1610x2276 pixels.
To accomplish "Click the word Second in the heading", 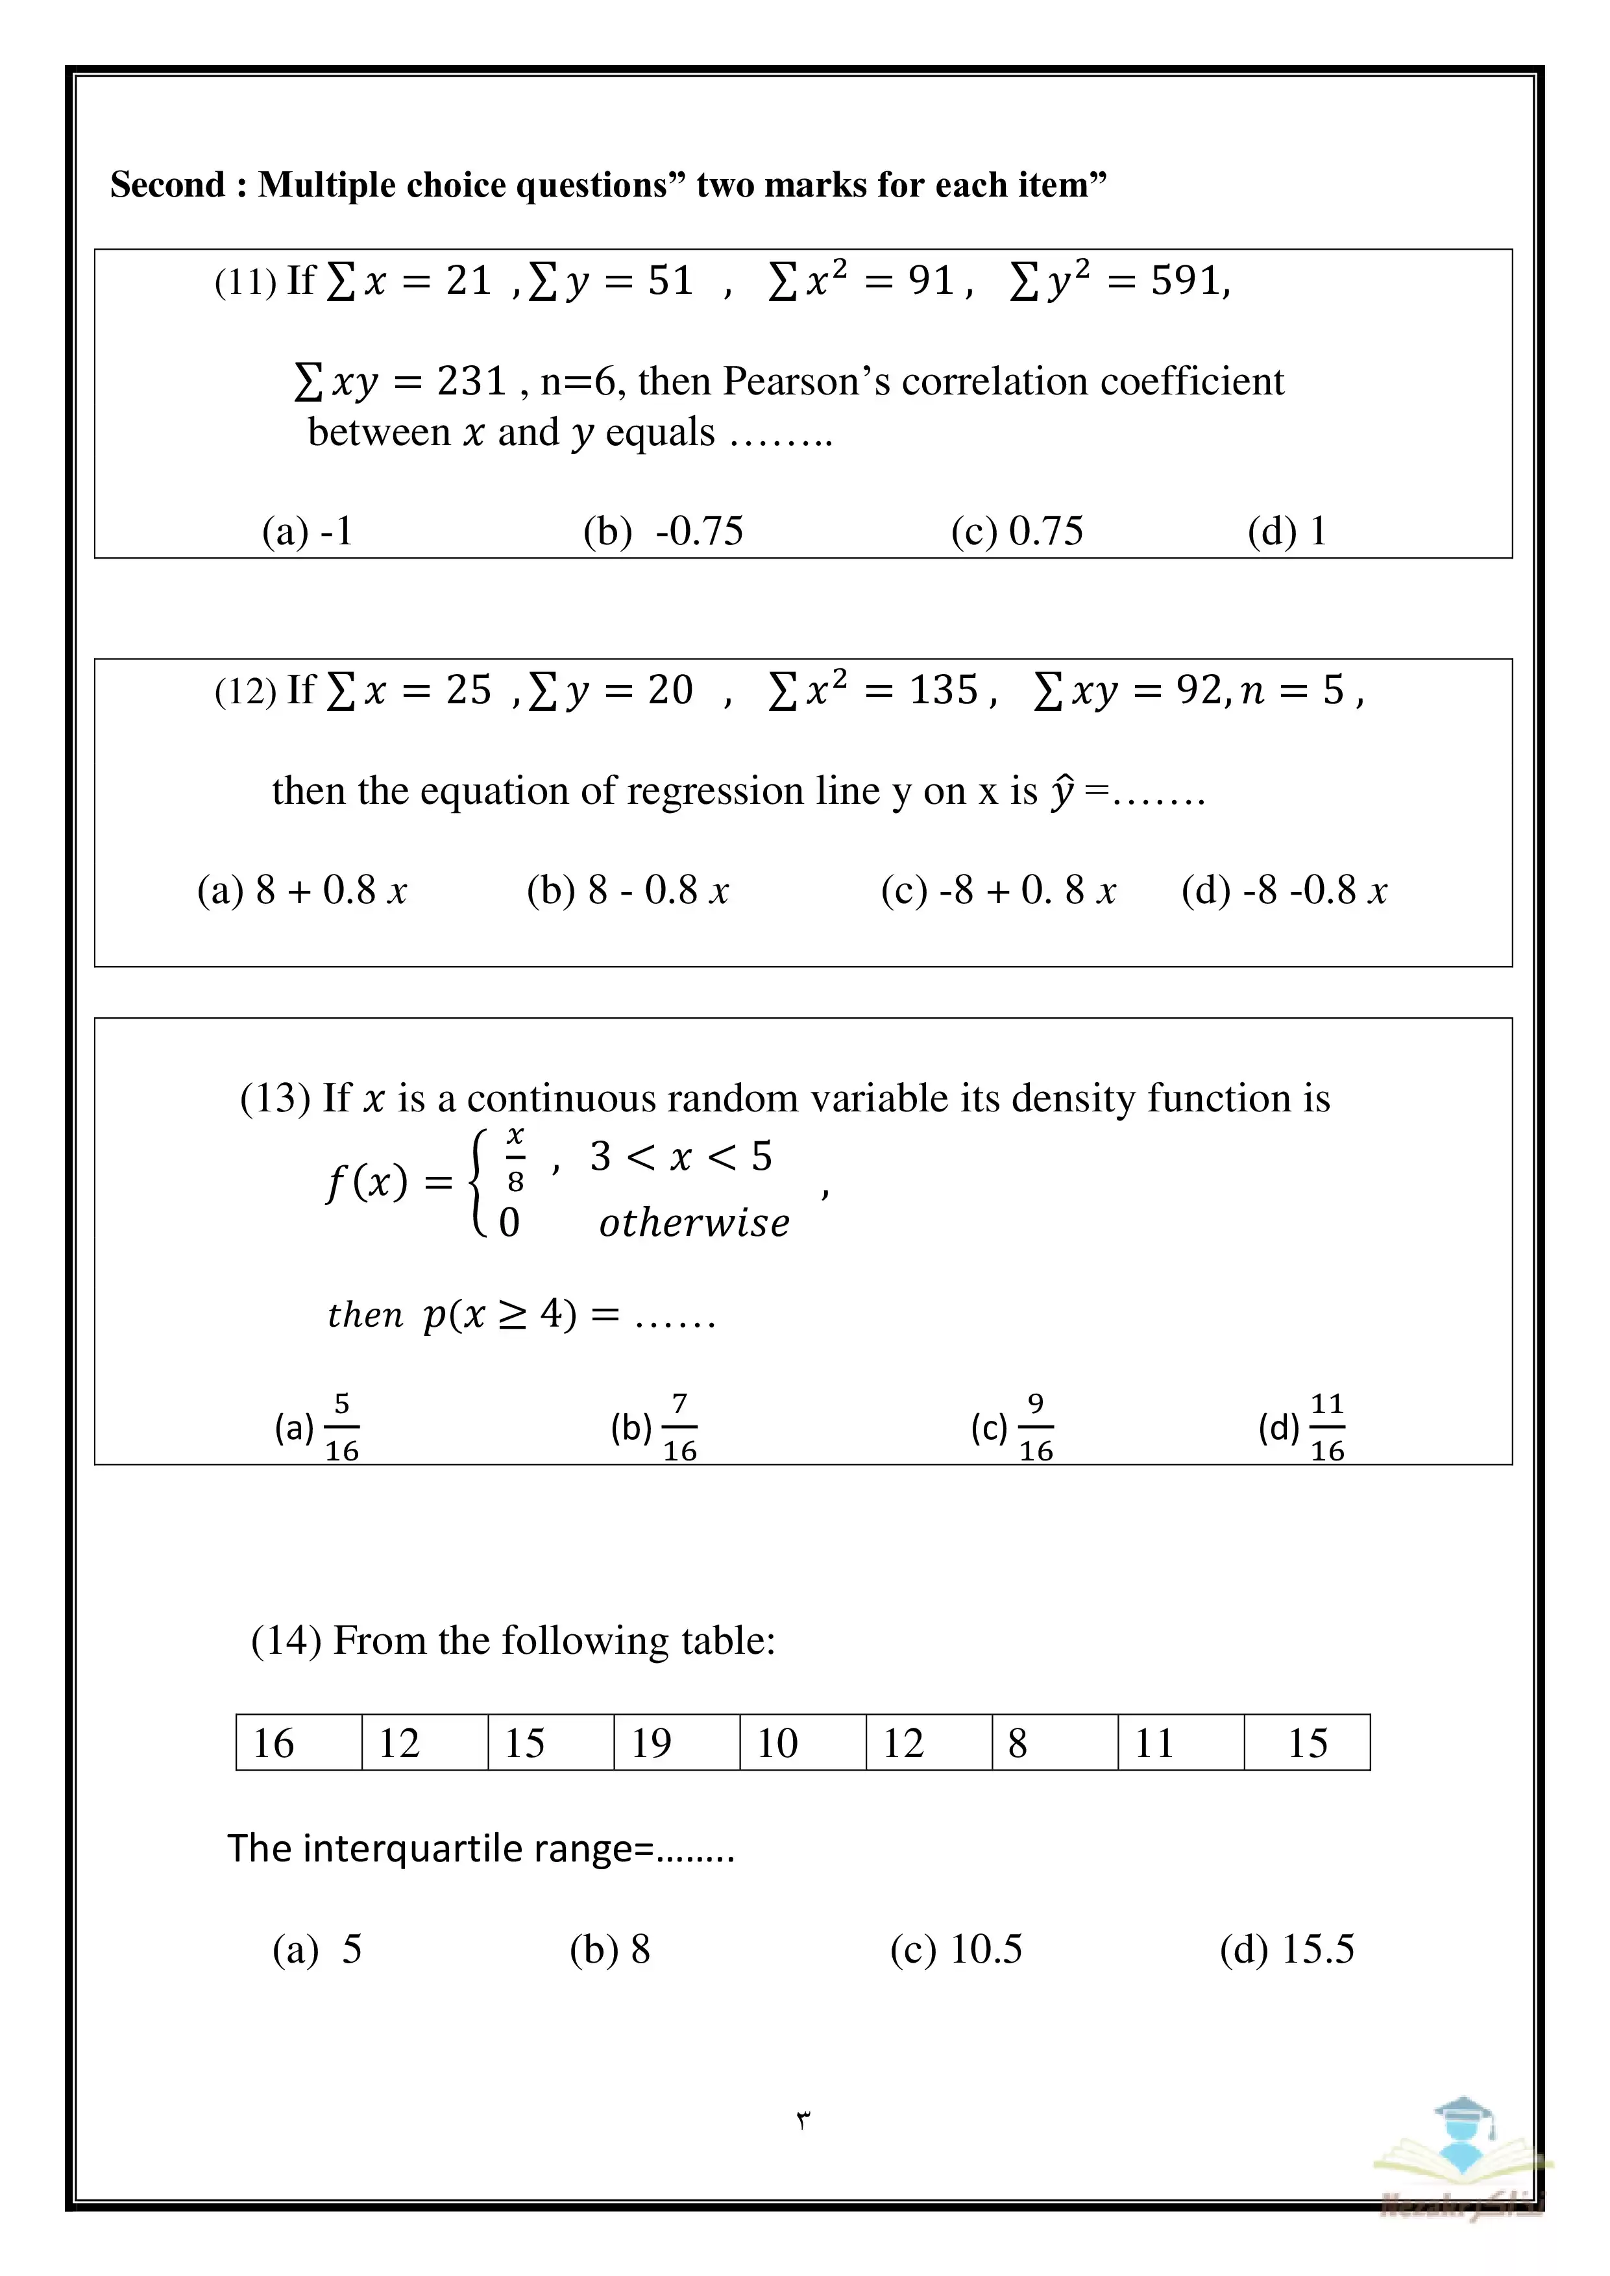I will coord(167,186).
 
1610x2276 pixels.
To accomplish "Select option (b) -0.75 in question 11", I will coord(663,531).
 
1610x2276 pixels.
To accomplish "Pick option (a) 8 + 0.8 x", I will coord(301,890).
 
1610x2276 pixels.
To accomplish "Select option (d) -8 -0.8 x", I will coord(1284,890).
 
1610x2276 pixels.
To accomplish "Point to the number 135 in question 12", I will coord(943,690).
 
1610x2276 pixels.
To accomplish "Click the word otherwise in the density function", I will coord(694,1223).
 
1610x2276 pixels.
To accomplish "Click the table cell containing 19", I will coord(676,1743).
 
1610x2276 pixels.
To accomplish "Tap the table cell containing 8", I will coord(1055,1743).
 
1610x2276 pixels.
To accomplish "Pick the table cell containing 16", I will coord(299,1743).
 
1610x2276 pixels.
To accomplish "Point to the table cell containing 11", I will coord(1181,1743).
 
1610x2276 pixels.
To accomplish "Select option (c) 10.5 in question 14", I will coord(956,1949).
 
